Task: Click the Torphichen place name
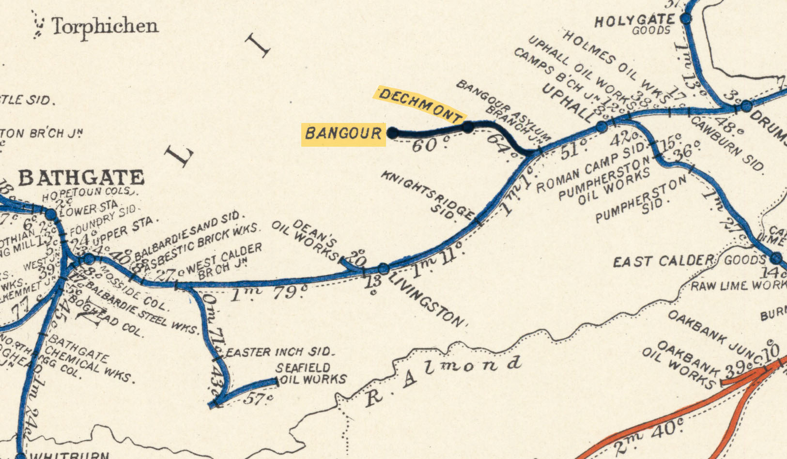[105, 26]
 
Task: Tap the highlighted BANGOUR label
[343, 134]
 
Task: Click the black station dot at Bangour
[393, 133]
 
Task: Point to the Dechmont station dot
[468, 127]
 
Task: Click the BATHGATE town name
[81, 178]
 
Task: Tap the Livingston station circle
[383, 268]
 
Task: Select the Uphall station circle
[602, 127]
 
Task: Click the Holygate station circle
[686, 19]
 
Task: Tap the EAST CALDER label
[663, 261]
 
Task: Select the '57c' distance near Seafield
[258, 399]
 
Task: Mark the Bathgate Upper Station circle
[89, 259]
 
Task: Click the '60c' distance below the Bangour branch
[431, 144]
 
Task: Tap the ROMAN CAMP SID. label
[590, 167]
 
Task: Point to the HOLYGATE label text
[634, 21]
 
